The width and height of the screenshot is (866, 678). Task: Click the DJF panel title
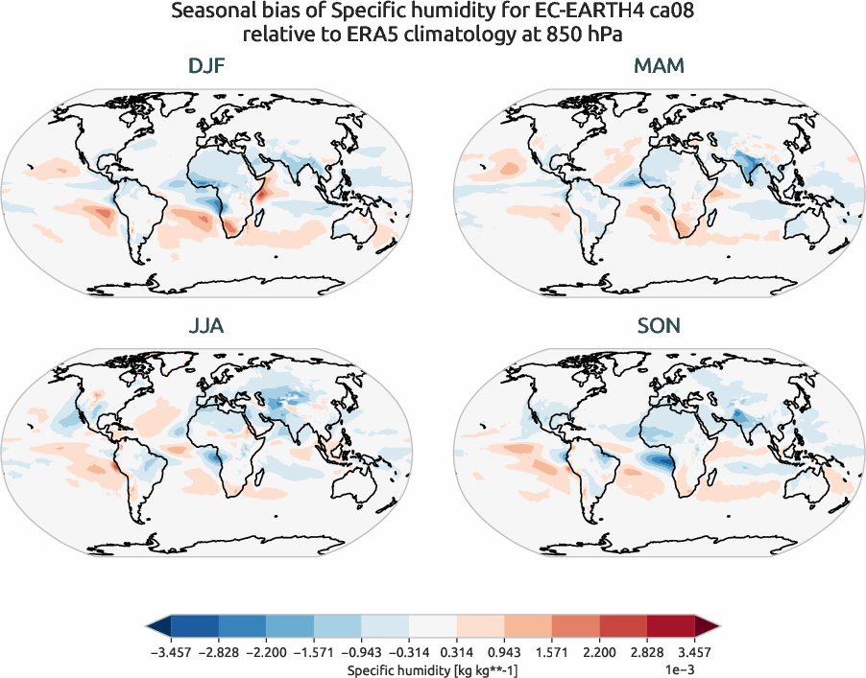(207, 66)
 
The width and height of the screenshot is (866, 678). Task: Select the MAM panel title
(659, 66)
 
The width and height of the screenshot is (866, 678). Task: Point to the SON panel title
(659, 326)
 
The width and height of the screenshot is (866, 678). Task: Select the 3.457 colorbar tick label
(694, 652)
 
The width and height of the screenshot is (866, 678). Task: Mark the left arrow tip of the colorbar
(147, 627)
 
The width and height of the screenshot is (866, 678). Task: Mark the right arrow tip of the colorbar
(719, 627)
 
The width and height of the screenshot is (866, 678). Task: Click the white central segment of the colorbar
(433, 627)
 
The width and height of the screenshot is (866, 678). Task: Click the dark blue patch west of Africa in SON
(659, 460)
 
